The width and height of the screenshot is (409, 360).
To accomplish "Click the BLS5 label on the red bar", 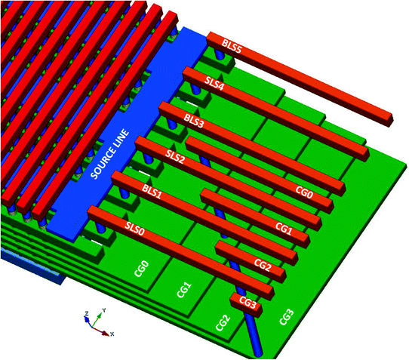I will coord(232,46).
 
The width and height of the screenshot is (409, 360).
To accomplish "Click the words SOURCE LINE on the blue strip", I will coord(112,155).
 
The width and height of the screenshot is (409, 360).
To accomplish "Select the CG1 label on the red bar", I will coord(284,227).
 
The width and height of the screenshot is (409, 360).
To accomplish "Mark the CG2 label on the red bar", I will coord(263,265).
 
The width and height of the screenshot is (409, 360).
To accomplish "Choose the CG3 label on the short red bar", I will coord(248,302).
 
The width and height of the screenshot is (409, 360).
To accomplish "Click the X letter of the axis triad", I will coord(112,333).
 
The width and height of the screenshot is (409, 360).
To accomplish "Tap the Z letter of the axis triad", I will coord(87,312).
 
